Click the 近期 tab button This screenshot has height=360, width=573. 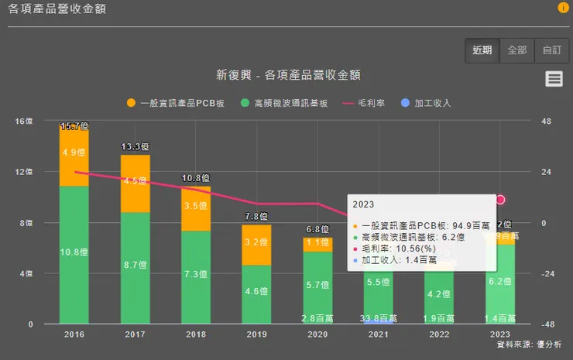click(482, 50)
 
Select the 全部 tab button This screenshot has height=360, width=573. click(517, 50)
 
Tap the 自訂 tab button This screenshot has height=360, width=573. click(551, 50)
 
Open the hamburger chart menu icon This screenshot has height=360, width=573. click(553, 78)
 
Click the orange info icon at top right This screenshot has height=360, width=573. click(563, 8)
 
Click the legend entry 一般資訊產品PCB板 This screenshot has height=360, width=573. click(176, 103)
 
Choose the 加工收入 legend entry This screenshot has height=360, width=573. click(426, 103)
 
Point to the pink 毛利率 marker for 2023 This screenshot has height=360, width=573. click(500, 200)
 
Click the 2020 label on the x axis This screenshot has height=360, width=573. click(317, 335)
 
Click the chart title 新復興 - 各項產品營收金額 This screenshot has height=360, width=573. click(289, 76)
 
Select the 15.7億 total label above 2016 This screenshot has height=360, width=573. click(74, 125)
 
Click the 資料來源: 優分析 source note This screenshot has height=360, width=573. click(529, 345)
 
